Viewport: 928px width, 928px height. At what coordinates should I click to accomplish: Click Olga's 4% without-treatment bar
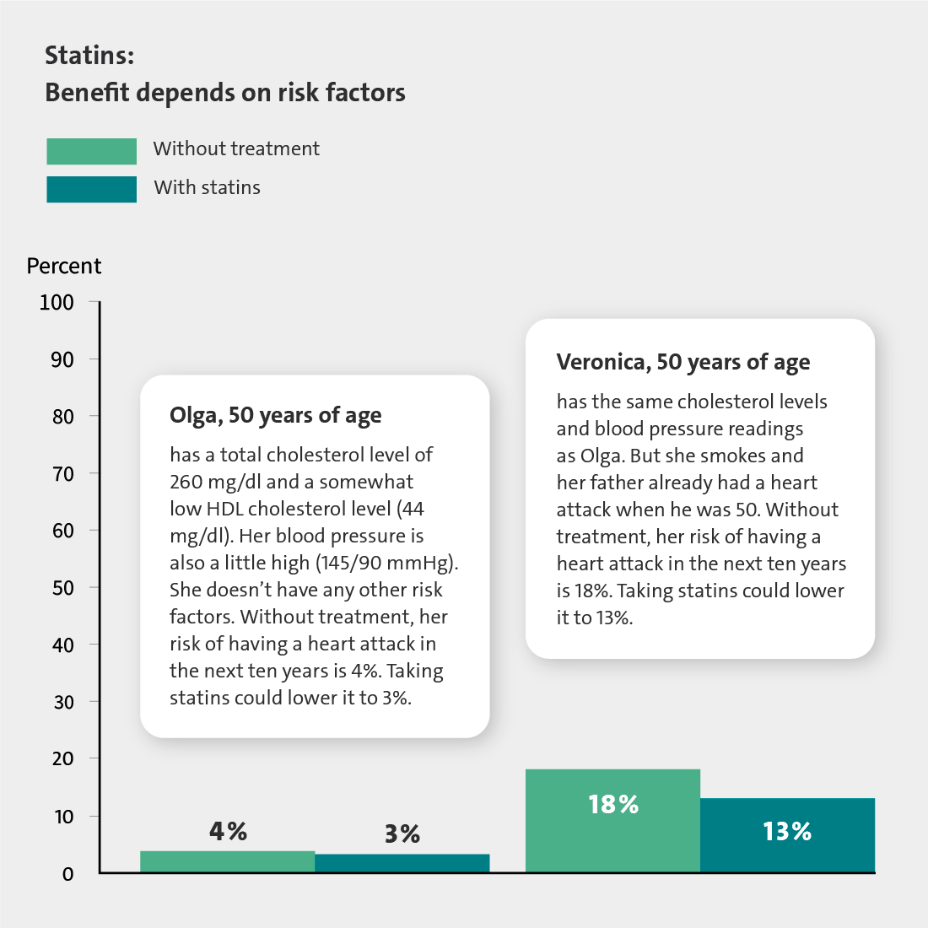(227, 861)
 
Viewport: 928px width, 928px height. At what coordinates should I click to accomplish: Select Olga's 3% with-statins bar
(402, 863)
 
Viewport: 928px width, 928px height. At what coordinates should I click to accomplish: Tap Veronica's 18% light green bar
(612, 820)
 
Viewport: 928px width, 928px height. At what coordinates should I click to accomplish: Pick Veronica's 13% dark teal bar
(788, 834)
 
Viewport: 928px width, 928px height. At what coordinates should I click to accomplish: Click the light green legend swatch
(92, 151)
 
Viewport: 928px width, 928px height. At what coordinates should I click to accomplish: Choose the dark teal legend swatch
(92, 189)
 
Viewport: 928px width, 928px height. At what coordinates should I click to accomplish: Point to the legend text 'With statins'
(208, 187)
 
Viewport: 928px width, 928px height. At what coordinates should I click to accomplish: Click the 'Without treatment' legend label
(236, 148)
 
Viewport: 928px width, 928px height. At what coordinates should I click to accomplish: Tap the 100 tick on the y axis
(57, 302)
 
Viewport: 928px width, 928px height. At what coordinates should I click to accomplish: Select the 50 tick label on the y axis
(62, 588)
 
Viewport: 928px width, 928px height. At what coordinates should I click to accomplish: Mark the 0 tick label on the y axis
(68, 874)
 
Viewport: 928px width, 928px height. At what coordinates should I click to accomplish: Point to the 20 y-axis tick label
(62, 758)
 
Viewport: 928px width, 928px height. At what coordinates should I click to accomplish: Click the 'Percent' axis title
(64, 267)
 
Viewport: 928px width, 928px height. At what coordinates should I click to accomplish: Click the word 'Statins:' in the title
(90, 56)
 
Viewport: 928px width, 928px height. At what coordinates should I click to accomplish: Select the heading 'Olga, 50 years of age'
(276, 416)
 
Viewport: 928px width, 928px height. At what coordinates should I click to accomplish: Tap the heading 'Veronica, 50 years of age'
(683, 362)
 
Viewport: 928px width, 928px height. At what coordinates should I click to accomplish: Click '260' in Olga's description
(186, 482)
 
